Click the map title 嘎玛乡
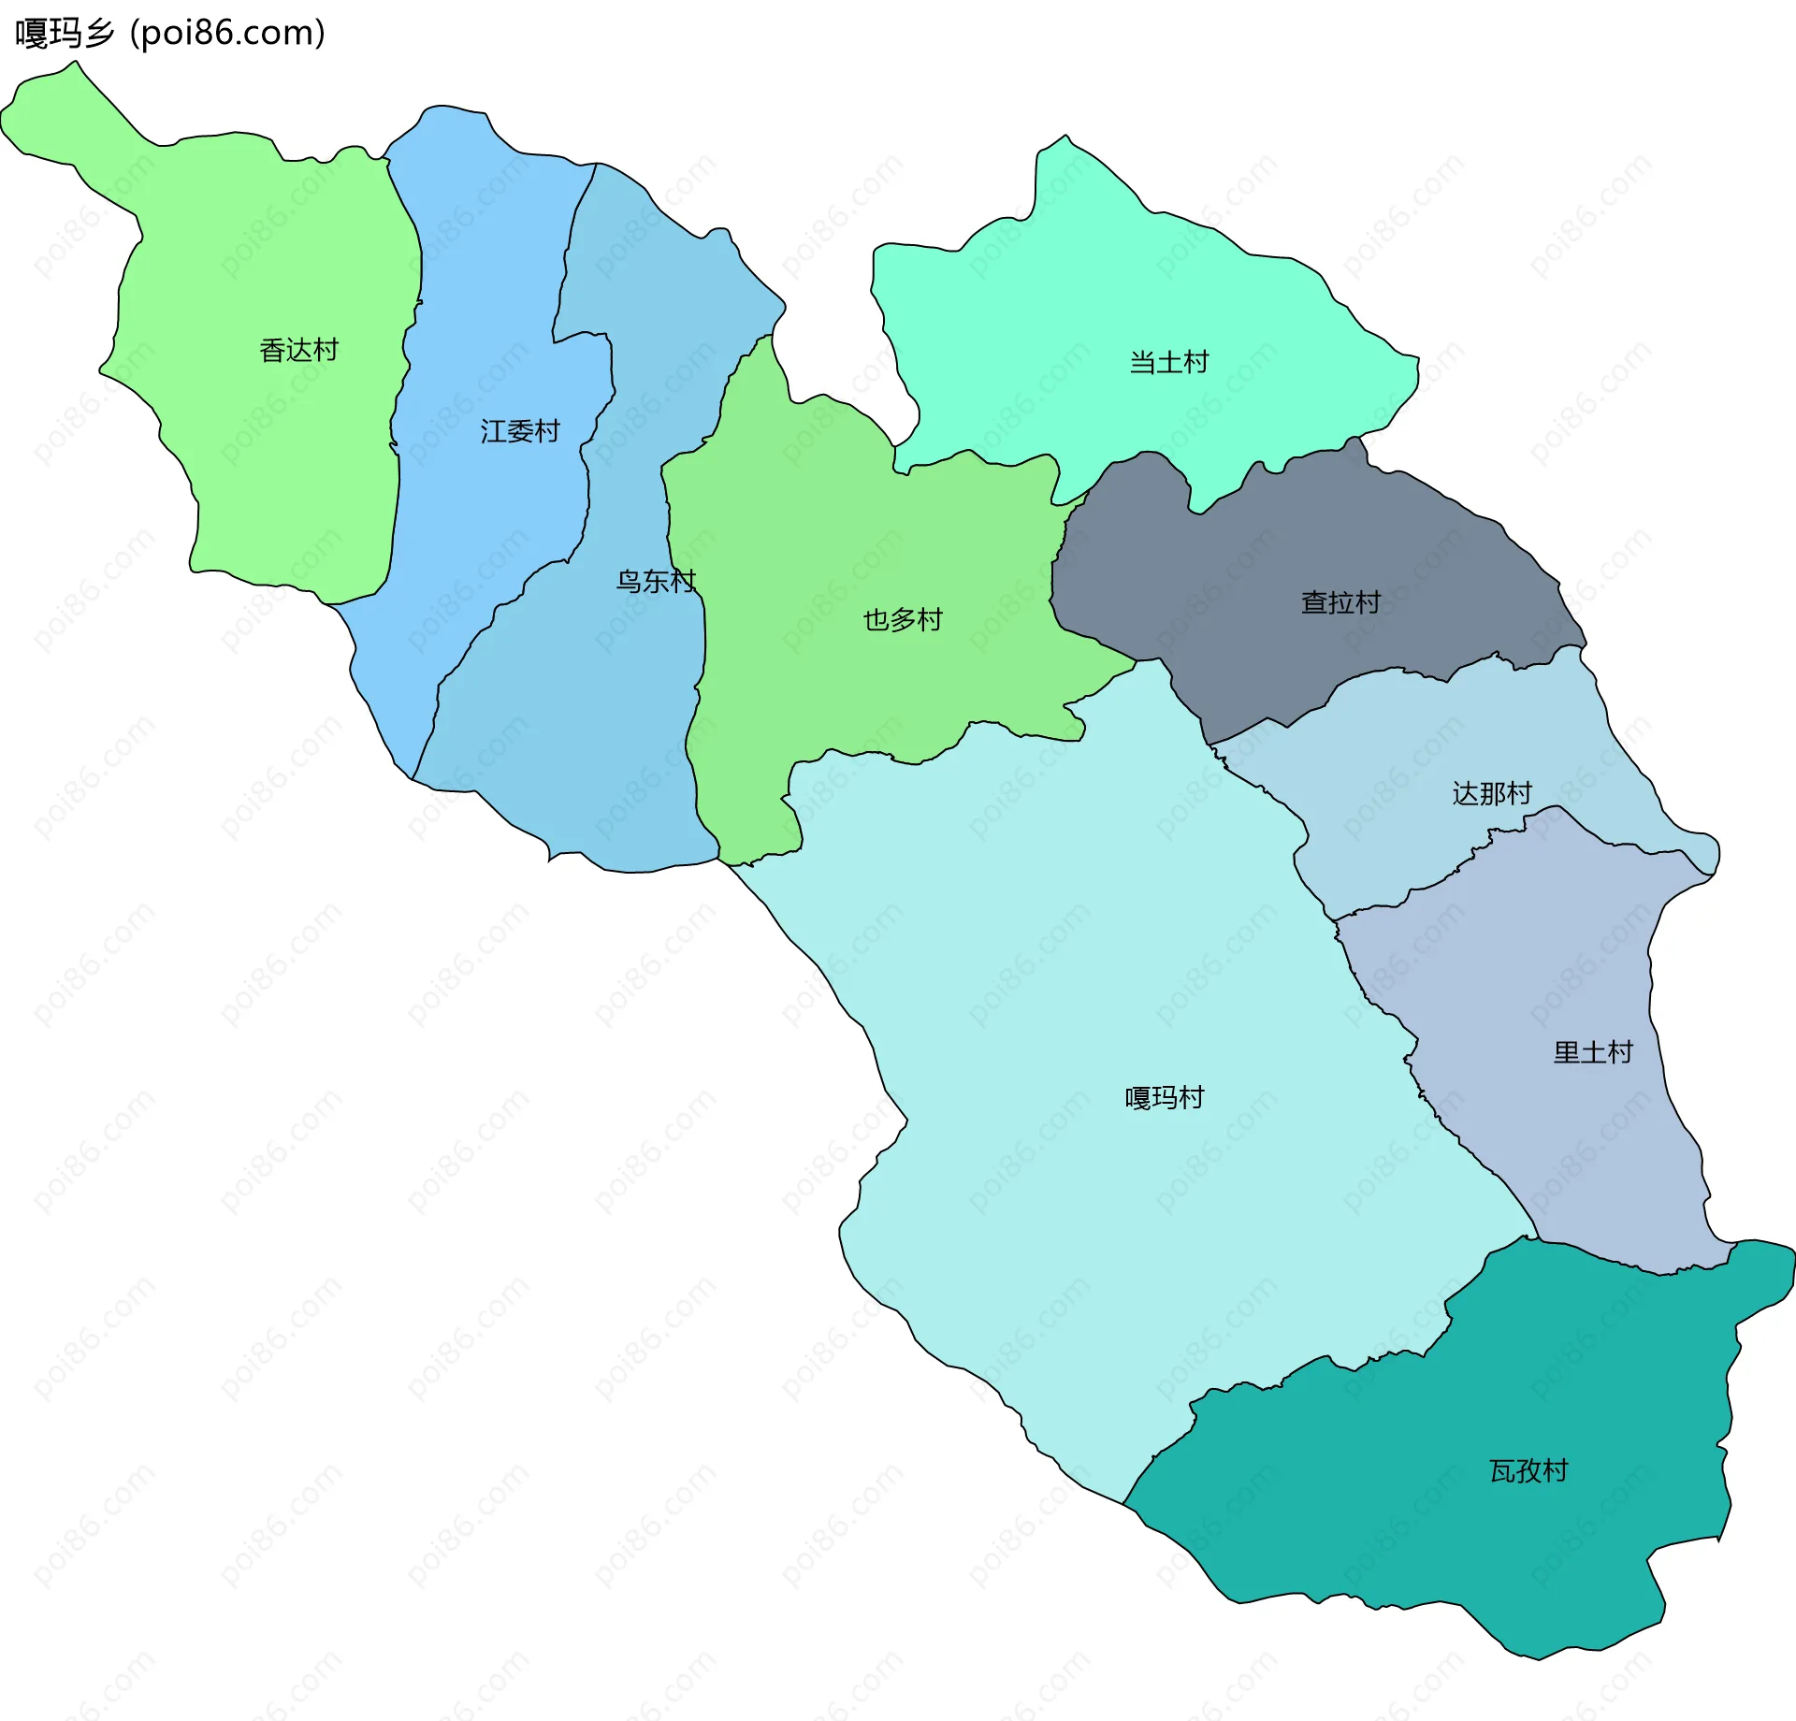[64, 34]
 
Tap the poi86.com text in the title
[227, 34]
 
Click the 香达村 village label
[298, 351]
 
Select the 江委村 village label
[520, 431]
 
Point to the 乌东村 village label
[656, 582]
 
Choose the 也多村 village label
[903, 620]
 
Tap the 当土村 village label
[1169, 362]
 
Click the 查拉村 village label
[1340, 602]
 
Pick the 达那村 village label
[1492, 794]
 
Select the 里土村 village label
[1593, 1053]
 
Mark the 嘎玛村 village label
[1165, 1098]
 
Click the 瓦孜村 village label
[1528, 1471]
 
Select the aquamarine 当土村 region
[1122, 281]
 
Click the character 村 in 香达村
[326, 351]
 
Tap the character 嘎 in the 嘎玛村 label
[1138, 1098]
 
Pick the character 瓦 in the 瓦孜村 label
[1502, 1471]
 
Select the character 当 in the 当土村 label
[1142, 362]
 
